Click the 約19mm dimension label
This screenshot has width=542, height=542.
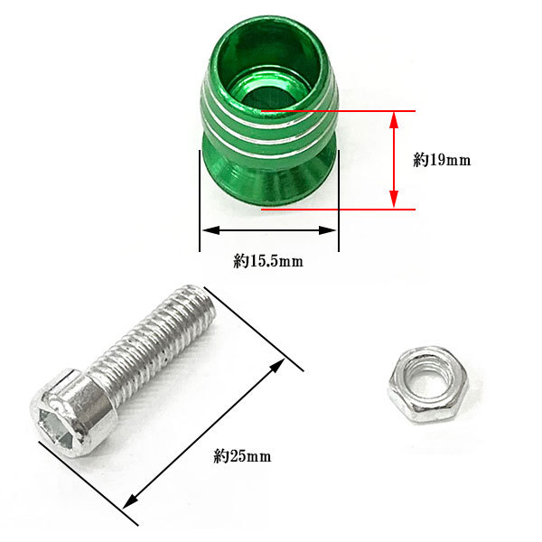[x=442, y=161]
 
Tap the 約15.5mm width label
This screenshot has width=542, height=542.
[x=268, y=261]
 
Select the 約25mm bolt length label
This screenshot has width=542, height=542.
[x=242, y=456]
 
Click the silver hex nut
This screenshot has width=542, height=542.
[x=428, y=386]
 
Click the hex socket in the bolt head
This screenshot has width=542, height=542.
[x=54, y=425]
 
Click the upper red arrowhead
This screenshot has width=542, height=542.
[x=394, y=120]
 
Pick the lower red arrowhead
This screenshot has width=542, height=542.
[x=394, y=200]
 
